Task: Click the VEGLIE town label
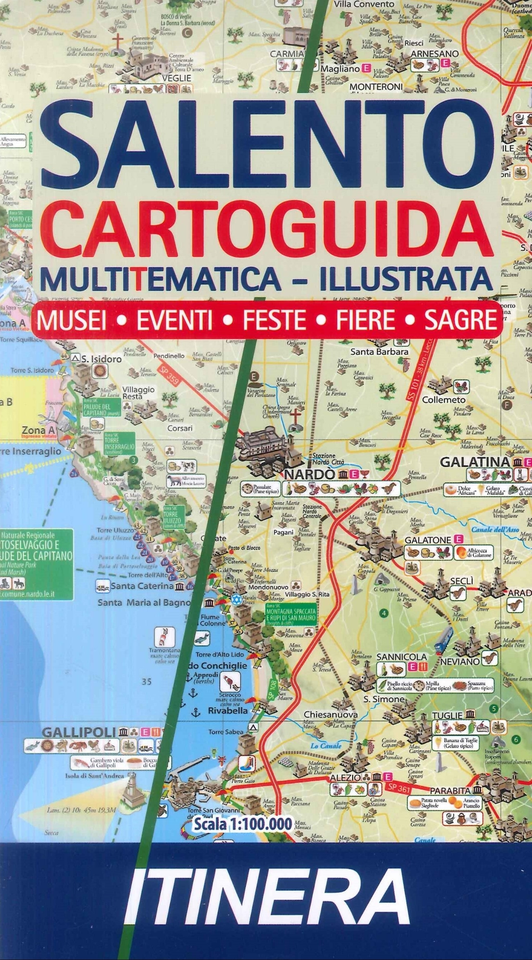coord(176,78)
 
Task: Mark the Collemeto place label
coord(443,400)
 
